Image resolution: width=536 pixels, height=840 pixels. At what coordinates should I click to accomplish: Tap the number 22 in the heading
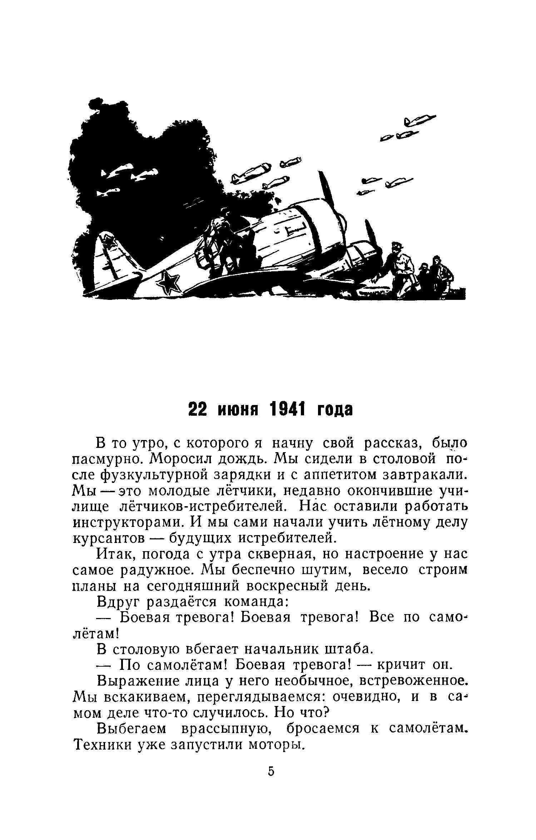click(198, 409)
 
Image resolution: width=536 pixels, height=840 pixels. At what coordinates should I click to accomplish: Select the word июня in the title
click(239, 410)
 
